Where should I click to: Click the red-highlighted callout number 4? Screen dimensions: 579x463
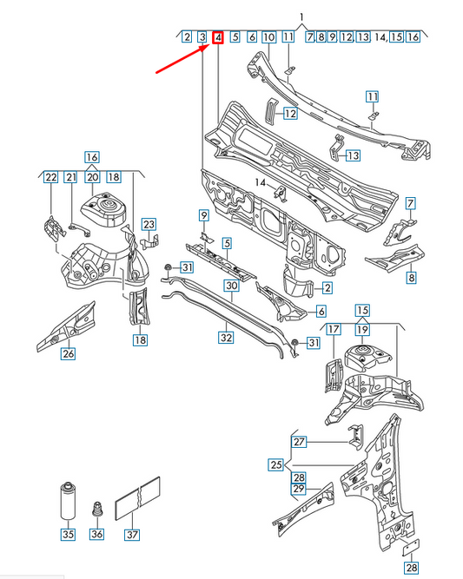(218, 37)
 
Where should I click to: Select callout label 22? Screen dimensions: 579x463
(51, 177)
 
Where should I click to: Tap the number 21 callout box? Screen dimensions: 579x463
(71, 177)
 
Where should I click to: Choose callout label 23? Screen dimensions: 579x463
(149, 225)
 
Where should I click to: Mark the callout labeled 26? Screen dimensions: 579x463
(68, 352)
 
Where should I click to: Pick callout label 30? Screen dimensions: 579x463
(231, 286)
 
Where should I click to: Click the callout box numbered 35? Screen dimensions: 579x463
(68, 535)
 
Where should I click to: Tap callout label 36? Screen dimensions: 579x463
(97, 535)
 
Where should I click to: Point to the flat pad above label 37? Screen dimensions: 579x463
(140, 497)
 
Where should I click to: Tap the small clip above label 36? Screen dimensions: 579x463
(98, 507)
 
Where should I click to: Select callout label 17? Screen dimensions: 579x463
(334, 330)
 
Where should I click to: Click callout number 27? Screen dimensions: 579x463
(300, 442)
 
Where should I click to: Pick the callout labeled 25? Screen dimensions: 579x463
(276, 464)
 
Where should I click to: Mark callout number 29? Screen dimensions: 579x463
(299, 490)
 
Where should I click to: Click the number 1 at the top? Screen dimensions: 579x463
(301, 16)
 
